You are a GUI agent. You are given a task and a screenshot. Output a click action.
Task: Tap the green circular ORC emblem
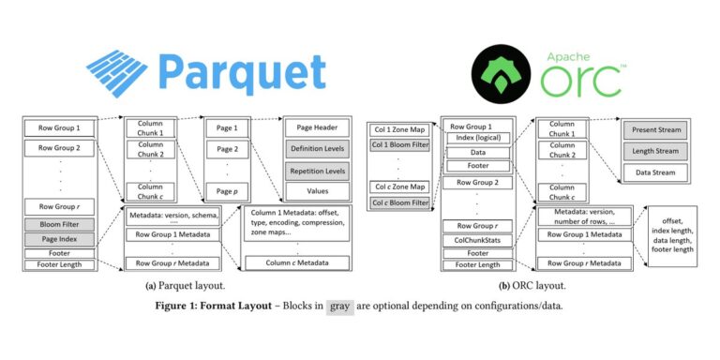pos(499,71)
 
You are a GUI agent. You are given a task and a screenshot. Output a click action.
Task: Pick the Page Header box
pos(317,127)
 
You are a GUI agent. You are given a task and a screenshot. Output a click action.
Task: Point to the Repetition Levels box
pos(317,172)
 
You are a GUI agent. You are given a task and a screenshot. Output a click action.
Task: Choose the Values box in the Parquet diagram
pos(317,194)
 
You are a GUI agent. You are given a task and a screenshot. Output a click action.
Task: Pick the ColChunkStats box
pos(478,239)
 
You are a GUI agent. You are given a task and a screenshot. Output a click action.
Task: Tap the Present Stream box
pos(655,128)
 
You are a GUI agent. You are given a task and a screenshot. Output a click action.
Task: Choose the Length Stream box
pos(655,150)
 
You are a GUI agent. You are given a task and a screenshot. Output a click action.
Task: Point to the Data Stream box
pos(655,172)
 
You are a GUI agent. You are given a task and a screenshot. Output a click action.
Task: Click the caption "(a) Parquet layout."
pos(184,285)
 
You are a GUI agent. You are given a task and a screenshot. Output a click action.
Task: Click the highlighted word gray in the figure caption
pos(340,306)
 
